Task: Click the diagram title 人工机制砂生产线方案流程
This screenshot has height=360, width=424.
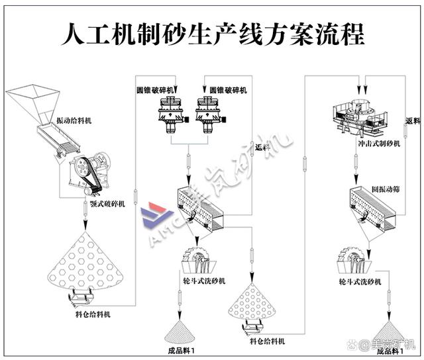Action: pyautogui.click(x=212, y=32)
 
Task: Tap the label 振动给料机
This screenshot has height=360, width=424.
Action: pyautogui.click(x=74, y=121)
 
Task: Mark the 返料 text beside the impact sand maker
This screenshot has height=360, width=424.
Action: pyautogui.click(x=412, y=121)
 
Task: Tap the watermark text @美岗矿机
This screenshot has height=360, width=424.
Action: pyautogui.click(x=388, y=345)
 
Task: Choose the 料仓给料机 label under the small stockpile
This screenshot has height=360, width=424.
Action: pyautogui.click(x=268, y=341)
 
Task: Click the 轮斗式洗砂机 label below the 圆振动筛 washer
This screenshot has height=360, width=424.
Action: pyautogui.click(x=360, y=283)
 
